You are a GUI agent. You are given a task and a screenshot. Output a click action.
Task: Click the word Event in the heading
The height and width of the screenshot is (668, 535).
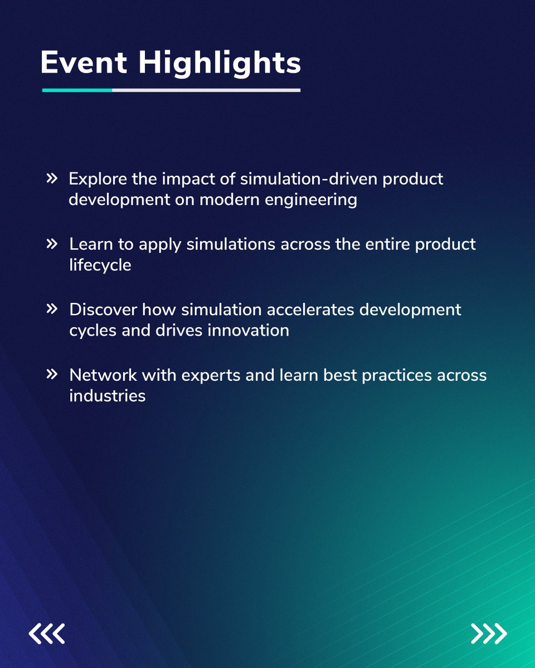(84, 63)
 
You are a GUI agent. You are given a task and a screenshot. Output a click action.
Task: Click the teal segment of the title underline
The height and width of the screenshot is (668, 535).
(77, 90)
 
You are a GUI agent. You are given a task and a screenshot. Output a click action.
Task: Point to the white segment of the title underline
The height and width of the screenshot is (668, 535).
(206, 90)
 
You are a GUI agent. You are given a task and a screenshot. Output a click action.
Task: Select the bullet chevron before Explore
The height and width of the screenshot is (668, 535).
(52, 178)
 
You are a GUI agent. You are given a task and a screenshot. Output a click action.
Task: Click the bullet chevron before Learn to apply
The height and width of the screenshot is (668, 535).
(52, 243)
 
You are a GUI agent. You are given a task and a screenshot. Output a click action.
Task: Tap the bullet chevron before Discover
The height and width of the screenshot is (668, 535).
(52, 308)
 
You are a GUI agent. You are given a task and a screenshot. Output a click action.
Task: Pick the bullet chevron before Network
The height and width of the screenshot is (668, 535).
(52, 374)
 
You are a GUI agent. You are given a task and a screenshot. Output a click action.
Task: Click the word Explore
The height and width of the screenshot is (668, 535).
(98, 179)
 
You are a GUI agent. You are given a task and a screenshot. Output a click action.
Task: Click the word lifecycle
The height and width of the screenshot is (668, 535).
(100, 265)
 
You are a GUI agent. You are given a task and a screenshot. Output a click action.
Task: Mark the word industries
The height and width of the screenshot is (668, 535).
(108, 396)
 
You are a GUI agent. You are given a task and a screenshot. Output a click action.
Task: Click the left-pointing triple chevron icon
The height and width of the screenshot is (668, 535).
(47, 633)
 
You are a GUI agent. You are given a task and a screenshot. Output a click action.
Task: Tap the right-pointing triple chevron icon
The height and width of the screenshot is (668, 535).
(489, 633)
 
